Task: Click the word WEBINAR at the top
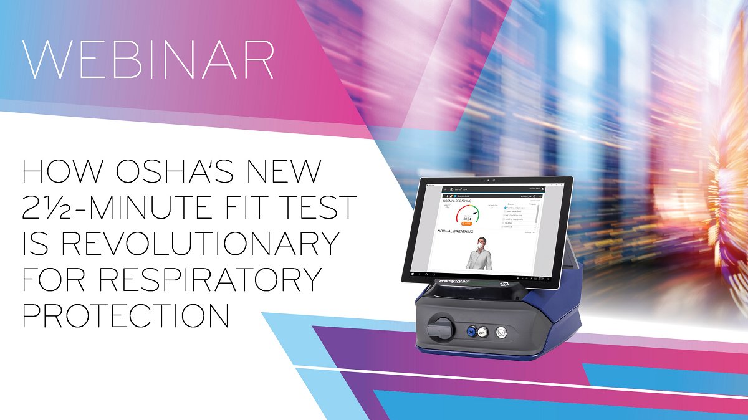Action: coord(147,60)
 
